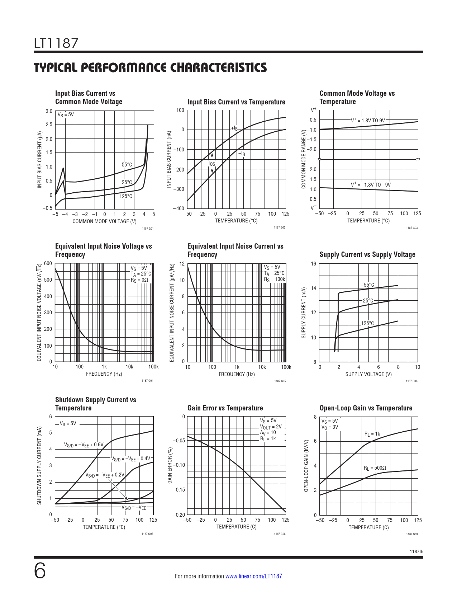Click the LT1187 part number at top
click(x=56, y=43)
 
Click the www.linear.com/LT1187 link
click(x=253, y=576)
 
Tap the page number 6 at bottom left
click(x=40, y=571)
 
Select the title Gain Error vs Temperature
click(x=225, y=408)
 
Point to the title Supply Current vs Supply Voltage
click(x=367, y=254)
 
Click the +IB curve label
click(x=234, y=128)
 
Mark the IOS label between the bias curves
click(x=212, y=164)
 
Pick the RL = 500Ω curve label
click(x=375, y=468)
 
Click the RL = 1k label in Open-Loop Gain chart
click(x=372, y=434)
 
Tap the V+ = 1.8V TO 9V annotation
click(x=367, y=121)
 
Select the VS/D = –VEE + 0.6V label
click(x=84, y=445)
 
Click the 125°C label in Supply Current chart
click(x=367, y=323)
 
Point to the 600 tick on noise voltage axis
click(x=48, y=263)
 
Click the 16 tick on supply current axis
click(x=313, y=264)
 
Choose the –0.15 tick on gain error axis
click(x=178, y=490)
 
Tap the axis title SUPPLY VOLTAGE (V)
click(x=368, y=374)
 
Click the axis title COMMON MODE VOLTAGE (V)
click(x=104, y=221)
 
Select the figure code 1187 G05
click(x=280, y=381)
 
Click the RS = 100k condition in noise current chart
click(x=275, y=279)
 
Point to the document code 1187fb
click(x=416, y=551)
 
